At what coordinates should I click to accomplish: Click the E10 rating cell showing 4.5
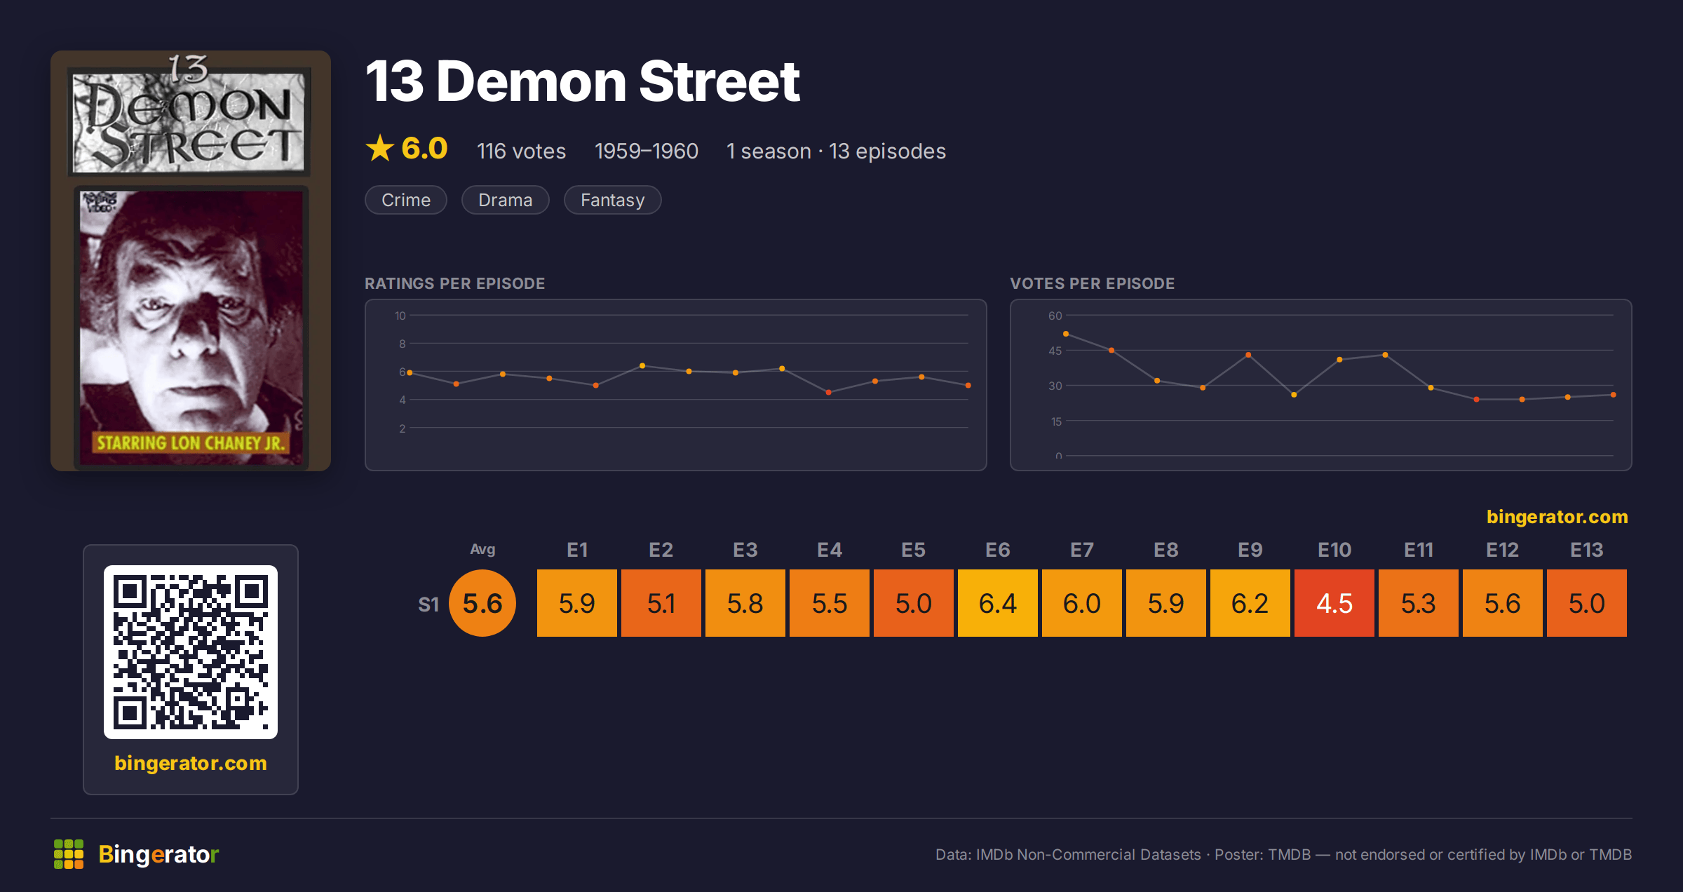[x=1334, y=603]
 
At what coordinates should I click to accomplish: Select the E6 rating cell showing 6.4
[x=997, y=603]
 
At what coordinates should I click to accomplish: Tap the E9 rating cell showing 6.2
[x=1250, y=603]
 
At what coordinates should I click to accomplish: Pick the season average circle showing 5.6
[x=482, y=603]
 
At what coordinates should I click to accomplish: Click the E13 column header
[x=1586, y=550]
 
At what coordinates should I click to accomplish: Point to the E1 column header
[x=577, y=550]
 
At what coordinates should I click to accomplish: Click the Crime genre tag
[x=406, y=200]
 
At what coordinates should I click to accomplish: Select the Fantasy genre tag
[x=612, y=200]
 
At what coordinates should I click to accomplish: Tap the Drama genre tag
[x=505, y=200]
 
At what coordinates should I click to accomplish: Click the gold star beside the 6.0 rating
[x=380, y=148]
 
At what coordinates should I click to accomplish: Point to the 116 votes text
[x=521, y=151]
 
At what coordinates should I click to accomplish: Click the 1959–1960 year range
[x=646, y=151]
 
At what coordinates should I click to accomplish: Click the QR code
[x=191, y=652]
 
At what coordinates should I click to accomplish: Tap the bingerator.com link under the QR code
[x=191, y=763]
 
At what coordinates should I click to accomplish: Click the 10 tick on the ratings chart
[x=400, y=316]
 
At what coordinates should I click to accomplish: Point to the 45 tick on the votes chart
[x=1055, y=351]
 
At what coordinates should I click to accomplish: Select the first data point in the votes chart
[x=1066, y=334]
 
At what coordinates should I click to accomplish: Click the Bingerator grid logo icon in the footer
[x=69, y=854]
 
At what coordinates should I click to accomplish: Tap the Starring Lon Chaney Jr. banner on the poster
[x=191, y=443]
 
